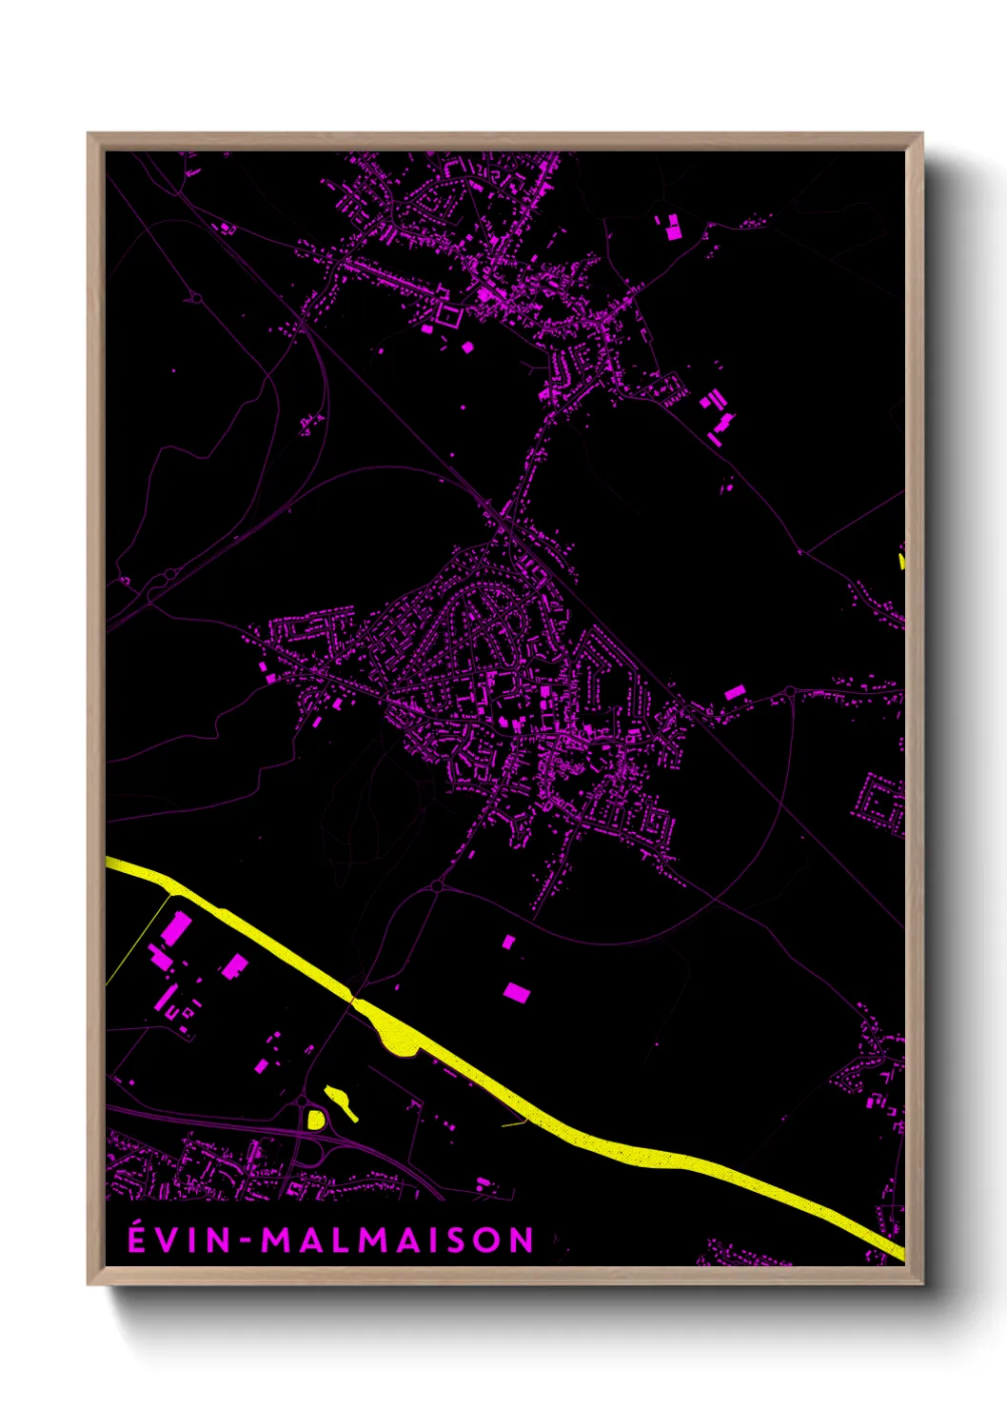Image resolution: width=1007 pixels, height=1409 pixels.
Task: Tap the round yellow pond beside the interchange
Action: click(315, 1119)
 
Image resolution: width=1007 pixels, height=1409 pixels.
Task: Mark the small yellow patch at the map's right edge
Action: click(901, 561)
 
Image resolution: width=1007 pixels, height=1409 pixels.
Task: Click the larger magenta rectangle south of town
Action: click(516, 992)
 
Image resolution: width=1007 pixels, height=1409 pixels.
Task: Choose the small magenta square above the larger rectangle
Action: click(508, 942)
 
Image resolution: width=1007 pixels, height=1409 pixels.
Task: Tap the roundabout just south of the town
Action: click(437, 886)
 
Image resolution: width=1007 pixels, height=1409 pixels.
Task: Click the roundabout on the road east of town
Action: click(790, 691)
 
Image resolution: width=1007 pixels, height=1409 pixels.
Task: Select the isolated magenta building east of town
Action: click(734, 692)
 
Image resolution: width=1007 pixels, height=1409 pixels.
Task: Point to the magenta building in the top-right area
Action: click(673, 228)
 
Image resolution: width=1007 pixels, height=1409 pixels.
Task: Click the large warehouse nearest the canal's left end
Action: click(176, 927)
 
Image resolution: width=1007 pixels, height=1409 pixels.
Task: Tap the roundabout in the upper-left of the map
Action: click(197, 298)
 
